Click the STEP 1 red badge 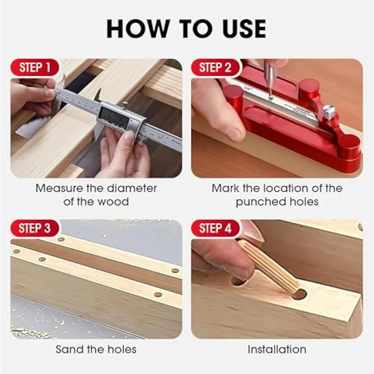click(35, 67)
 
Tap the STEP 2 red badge click(215, 67)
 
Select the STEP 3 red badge click(35, 228)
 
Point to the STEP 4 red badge click(215, 228)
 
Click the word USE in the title click(244, 29)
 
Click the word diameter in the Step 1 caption click(132, 188)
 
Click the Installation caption click(277, 349)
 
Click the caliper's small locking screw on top click(125, 105)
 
